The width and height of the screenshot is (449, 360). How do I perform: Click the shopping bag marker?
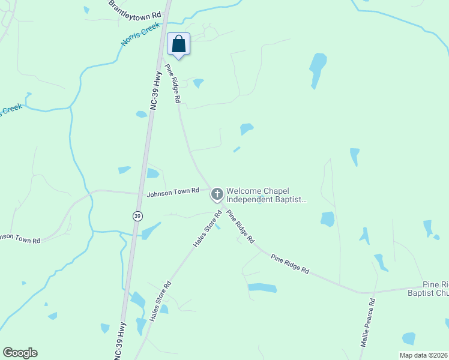pos(178,44)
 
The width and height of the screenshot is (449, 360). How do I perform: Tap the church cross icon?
pos(217,194)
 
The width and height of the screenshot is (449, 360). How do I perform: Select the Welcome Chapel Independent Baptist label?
pos(267,195)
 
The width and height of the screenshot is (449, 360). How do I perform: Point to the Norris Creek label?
pos(141,34)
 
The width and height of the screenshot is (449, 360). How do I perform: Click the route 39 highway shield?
pos(137,216)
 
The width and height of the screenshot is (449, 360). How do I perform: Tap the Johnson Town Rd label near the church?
pos(173,191)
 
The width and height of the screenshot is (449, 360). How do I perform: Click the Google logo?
pos(20,353)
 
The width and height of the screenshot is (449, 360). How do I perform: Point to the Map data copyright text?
pos(424,355)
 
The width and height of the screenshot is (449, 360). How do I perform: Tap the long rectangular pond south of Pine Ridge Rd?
pos(262,288)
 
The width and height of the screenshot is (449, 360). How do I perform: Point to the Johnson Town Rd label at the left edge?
pos(20,238)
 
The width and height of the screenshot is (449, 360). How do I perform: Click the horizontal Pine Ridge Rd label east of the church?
pos(289,265)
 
